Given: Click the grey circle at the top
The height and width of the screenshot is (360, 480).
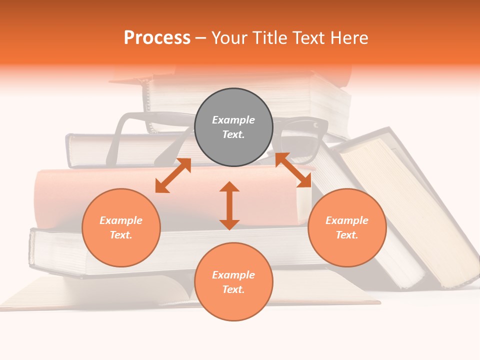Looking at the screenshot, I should (233, 127).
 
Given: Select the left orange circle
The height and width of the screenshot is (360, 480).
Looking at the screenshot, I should (121, 227).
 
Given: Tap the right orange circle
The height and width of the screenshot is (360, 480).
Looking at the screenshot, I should (347, 227).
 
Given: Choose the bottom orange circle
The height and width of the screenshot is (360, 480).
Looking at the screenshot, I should (233, 282).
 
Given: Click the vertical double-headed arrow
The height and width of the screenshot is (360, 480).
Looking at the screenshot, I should (229, 205).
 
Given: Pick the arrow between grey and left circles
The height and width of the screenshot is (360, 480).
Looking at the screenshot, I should (173, 175).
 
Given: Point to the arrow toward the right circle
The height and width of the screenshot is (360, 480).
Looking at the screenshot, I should (293, 170).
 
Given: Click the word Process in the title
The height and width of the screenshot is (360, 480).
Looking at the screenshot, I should (157, 38).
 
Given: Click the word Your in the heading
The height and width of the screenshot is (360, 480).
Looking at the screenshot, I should (229, 38).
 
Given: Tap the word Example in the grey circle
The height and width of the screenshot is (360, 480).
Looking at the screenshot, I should (233, 120).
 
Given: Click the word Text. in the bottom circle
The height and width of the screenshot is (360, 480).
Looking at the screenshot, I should (233, 289).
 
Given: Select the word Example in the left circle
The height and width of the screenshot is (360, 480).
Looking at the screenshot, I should (121, 220).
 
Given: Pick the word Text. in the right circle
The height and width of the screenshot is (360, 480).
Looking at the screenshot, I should (347, 235).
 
